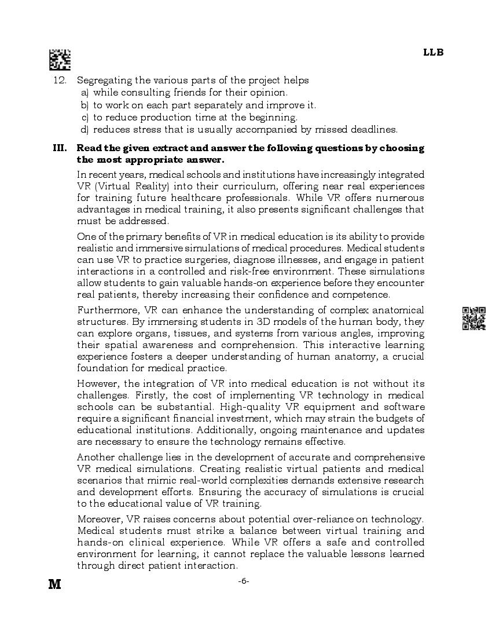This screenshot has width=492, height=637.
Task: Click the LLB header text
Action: pyautogui.click(x=433, y=52)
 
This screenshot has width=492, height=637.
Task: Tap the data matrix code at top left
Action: pyautogui.click(x=60, y=60)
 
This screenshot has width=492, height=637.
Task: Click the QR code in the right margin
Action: pyautogui.click(x=474, y=318)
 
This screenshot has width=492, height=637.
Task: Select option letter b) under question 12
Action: pyautogui.click(x=85, y=105)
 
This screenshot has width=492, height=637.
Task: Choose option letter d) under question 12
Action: pyautogui.click(x=85, y=130)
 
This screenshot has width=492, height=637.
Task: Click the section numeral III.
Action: pyautogui.click(x=60, y=148)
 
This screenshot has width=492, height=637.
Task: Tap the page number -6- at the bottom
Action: pyautogui.click(x=244, y=581)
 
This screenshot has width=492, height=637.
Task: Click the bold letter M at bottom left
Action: pyautogui.click(x=55, y=584)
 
